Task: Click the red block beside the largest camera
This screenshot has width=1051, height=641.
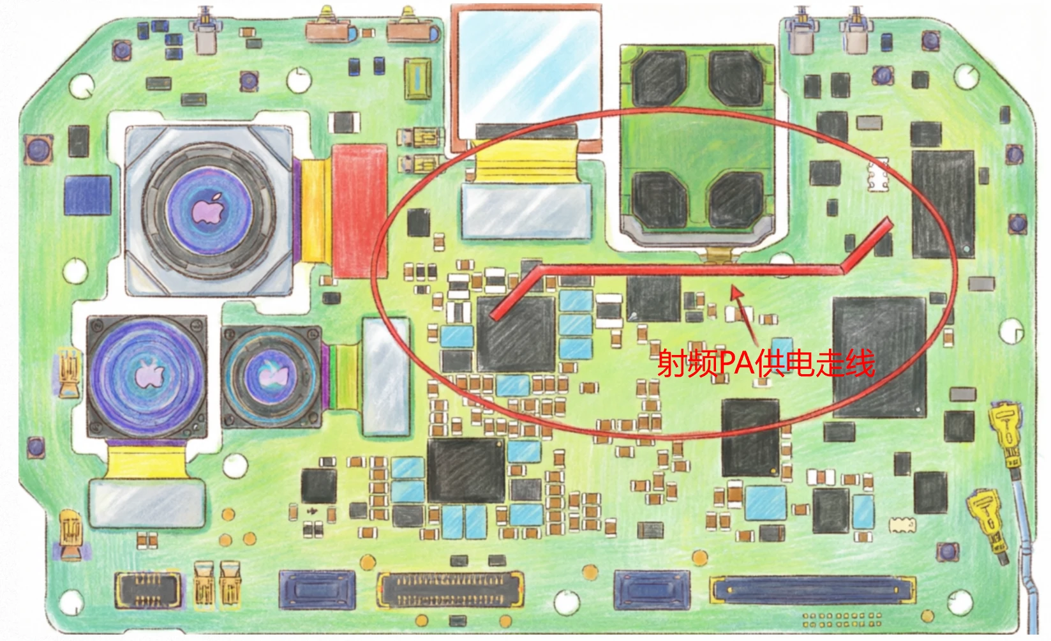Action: pyautogui.click(x=359, y=211)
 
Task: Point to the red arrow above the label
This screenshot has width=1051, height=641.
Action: pyautogui.click(x=743, y=313)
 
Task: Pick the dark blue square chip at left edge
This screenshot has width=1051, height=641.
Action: pyautogui.click(x=87, y=195)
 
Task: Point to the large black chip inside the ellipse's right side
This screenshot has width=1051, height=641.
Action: pyautogui.click(x=879, y=355)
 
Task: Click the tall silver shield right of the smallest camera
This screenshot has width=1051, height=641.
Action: pyautogui.click(x=385, y=377)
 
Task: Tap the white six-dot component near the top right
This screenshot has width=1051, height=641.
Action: pyautogui.click(x=878, y=176)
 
